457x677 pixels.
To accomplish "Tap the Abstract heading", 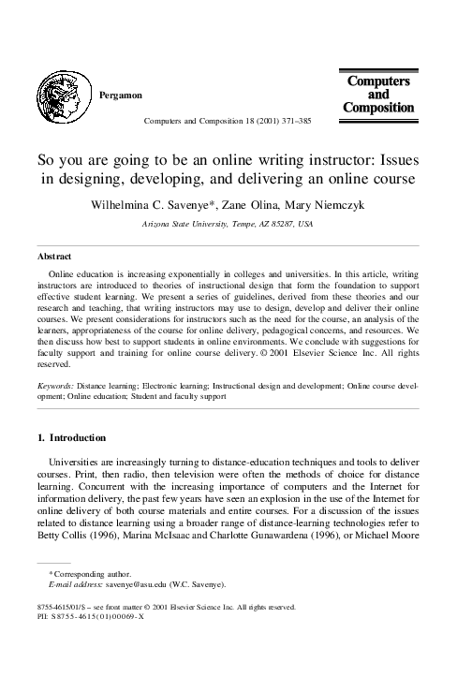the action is (53, 255).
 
